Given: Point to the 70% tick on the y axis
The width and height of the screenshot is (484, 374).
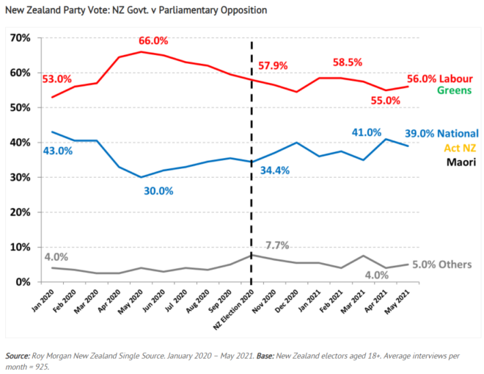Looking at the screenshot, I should pyautogui.click(x=20, y=37).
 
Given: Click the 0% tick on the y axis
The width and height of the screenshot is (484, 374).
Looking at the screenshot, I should pyautogui.click(x=23, y=282).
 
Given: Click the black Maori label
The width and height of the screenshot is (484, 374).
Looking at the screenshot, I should pyautogui.click(x=461, y=163).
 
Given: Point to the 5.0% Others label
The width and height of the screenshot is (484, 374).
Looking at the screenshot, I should pyautogui.click(x=440, y=265).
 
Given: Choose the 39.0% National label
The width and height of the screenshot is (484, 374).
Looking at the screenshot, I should pyautogui.click(x=441, y=134).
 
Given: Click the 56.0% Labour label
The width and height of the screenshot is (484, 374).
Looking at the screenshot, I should pyautogui.click(x=444, y=78).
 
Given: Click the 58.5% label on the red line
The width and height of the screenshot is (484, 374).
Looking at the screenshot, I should pyautogui.click(x=348, y=62).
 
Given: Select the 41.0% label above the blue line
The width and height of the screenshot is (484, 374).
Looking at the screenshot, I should pyautogui.click(x=343, y=133).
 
